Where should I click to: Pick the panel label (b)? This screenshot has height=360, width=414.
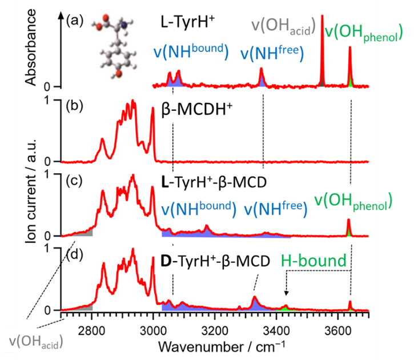(x=75, y=106)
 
